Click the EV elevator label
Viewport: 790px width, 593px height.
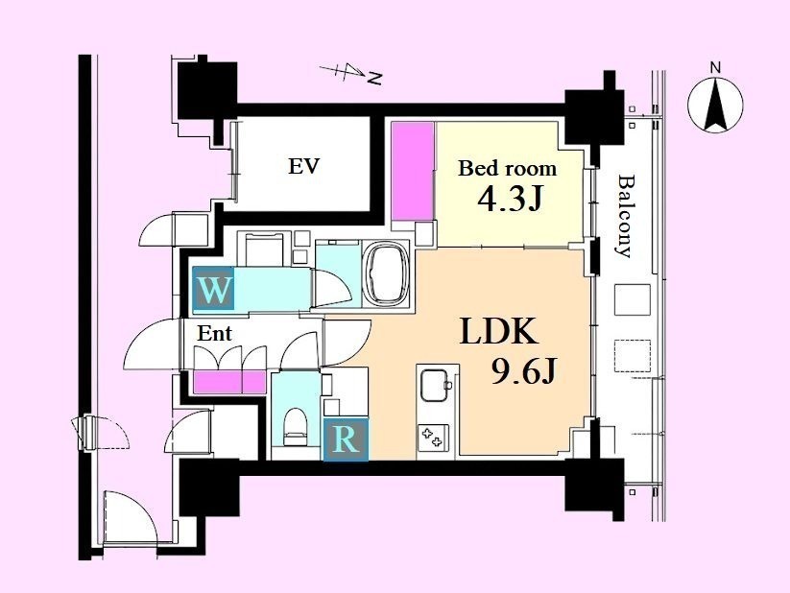pos(303,166)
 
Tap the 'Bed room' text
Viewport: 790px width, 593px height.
pos(508,168)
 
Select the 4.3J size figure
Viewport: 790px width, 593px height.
pos(510,200)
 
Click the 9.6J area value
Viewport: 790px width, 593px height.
pos(523,373)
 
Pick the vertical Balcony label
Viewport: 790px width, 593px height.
pos(625,216)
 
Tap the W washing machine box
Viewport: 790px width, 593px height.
pos(214,288)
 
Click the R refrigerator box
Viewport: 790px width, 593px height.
pos(346,440)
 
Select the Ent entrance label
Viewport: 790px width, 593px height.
pos(214,333)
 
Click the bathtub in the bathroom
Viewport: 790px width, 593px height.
pos(387,274)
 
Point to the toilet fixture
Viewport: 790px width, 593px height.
pos(296,426)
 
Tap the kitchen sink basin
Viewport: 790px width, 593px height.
pos(435,386)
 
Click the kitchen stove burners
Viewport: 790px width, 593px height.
pos(433,438)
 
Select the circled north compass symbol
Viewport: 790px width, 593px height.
pos(715,106)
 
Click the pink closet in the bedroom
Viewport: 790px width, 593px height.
pos(413,172)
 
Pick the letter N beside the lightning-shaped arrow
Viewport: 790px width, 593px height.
pos(374,78)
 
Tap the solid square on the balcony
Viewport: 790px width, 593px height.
pos(633,299)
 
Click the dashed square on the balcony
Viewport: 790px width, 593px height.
pos(633,356)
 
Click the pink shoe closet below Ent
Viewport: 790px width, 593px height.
pos(229,382)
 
